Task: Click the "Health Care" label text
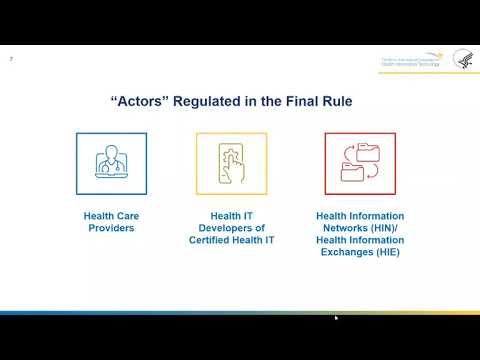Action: click(x=104, y=214)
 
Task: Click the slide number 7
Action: click(x=11, y=58)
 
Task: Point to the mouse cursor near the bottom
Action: click(x=336, y=318)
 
